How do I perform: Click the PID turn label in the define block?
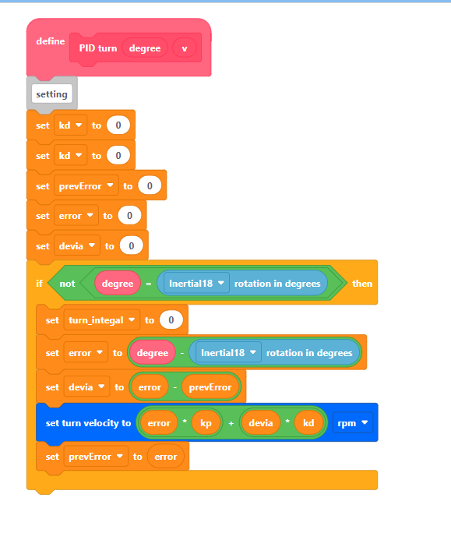pos(98,48)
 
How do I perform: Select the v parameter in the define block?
pos(185,48)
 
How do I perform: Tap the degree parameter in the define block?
pos(145,48)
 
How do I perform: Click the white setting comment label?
pos(52,94)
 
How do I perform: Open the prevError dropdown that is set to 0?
pos(86,186)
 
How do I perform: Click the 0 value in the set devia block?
pos(132,246)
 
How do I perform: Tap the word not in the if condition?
pos(67,284)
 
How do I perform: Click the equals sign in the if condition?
pos(149,284)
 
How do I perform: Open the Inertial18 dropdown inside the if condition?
pos(196,284)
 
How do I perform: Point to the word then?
pos(362,284)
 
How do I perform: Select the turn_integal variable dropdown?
pos(102,320)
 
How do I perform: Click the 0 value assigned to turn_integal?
pos(171,320)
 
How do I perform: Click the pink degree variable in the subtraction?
pos(153,353)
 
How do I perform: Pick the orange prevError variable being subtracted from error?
pos(210,387)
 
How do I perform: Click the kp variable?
pos(206,423)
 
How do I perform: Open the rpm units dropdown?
pos(353,422)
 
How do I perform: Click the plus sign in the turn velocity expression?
pos(231,423)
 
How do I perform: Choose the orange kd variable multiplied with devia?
pos(308,423)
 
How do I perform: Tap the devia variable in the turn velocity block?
pos(261,423)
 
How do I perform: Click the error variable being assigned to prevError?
pos(166,457)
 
